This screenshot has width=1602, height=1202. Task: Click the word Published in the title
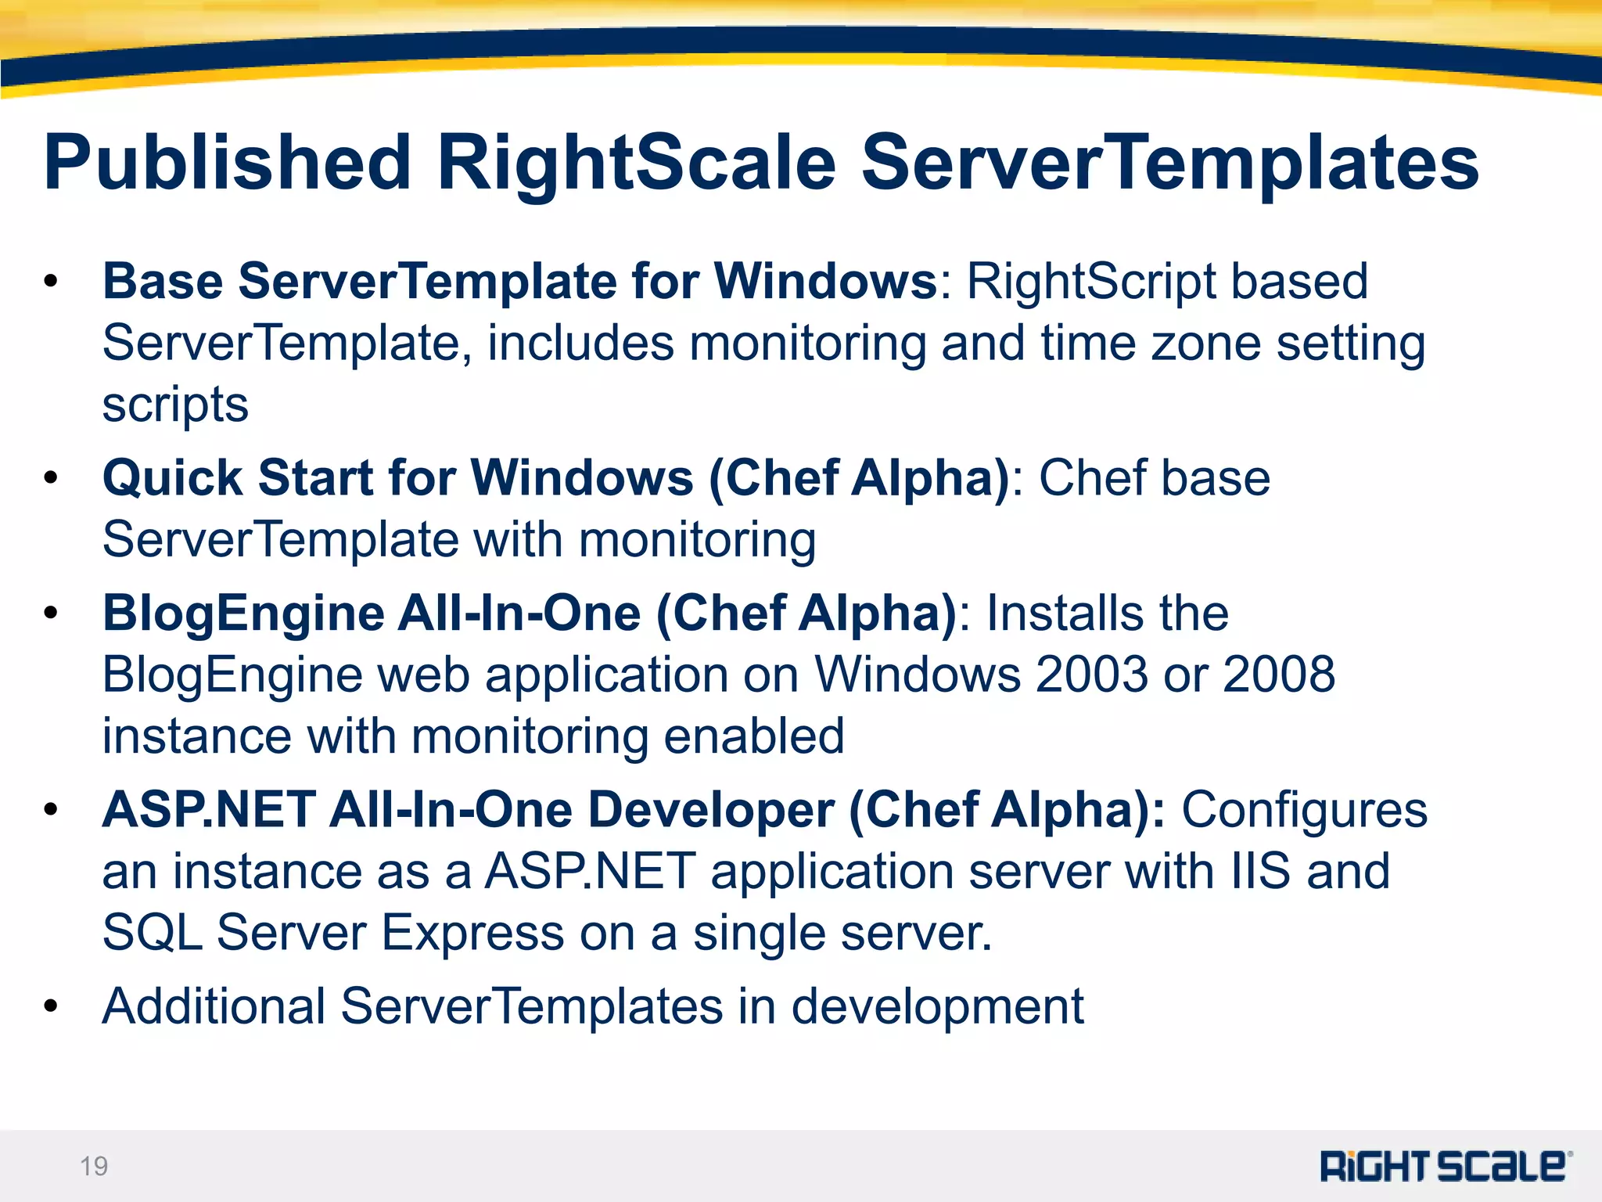[227, 164]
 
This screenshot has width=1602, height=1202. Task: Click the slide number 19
[94, 1166]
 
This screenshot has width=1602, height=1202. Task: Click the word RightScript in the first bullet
[1090, 282]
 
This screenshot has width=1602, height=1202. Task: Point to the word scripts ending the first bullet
[175, 405]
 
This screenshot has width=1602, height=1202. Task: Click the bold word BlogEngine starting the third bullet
[243, 614]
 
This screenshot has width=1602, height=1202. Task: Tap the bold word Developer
[710, 810]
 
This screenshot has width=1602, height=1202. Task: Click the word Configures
[1304, 810]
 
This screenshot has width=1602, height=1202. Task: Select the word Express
[472, 934]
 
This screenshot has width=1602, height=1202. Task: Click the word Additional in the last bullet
[214, 1006]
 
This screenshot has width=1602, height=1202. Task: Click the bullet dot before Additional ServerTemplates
[52, 1006]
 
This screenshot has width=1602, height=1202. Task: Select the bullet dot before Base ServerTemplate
[52, 282]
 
